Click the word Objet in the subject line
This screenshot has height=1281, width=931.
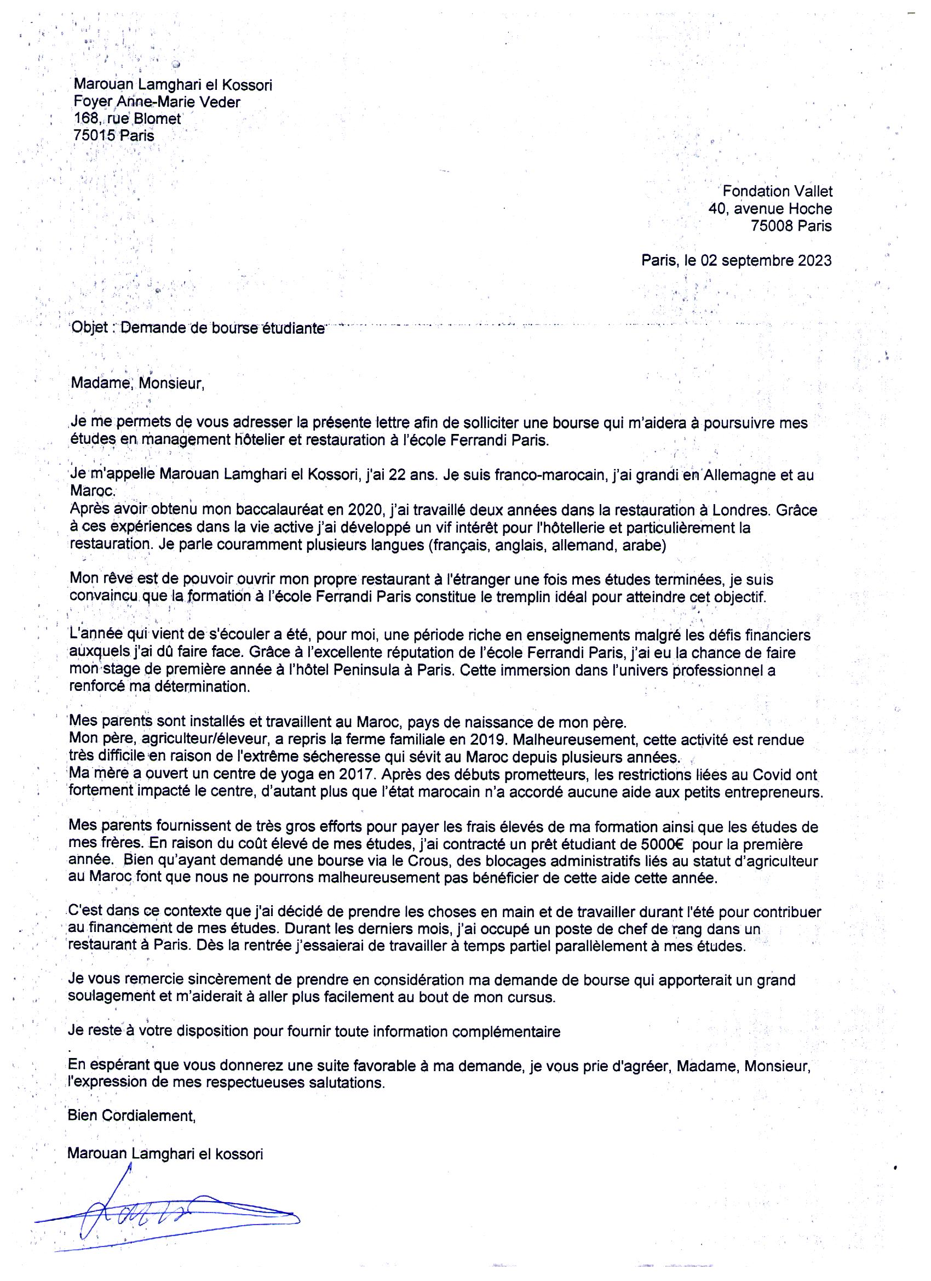(x=87, y=329)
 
